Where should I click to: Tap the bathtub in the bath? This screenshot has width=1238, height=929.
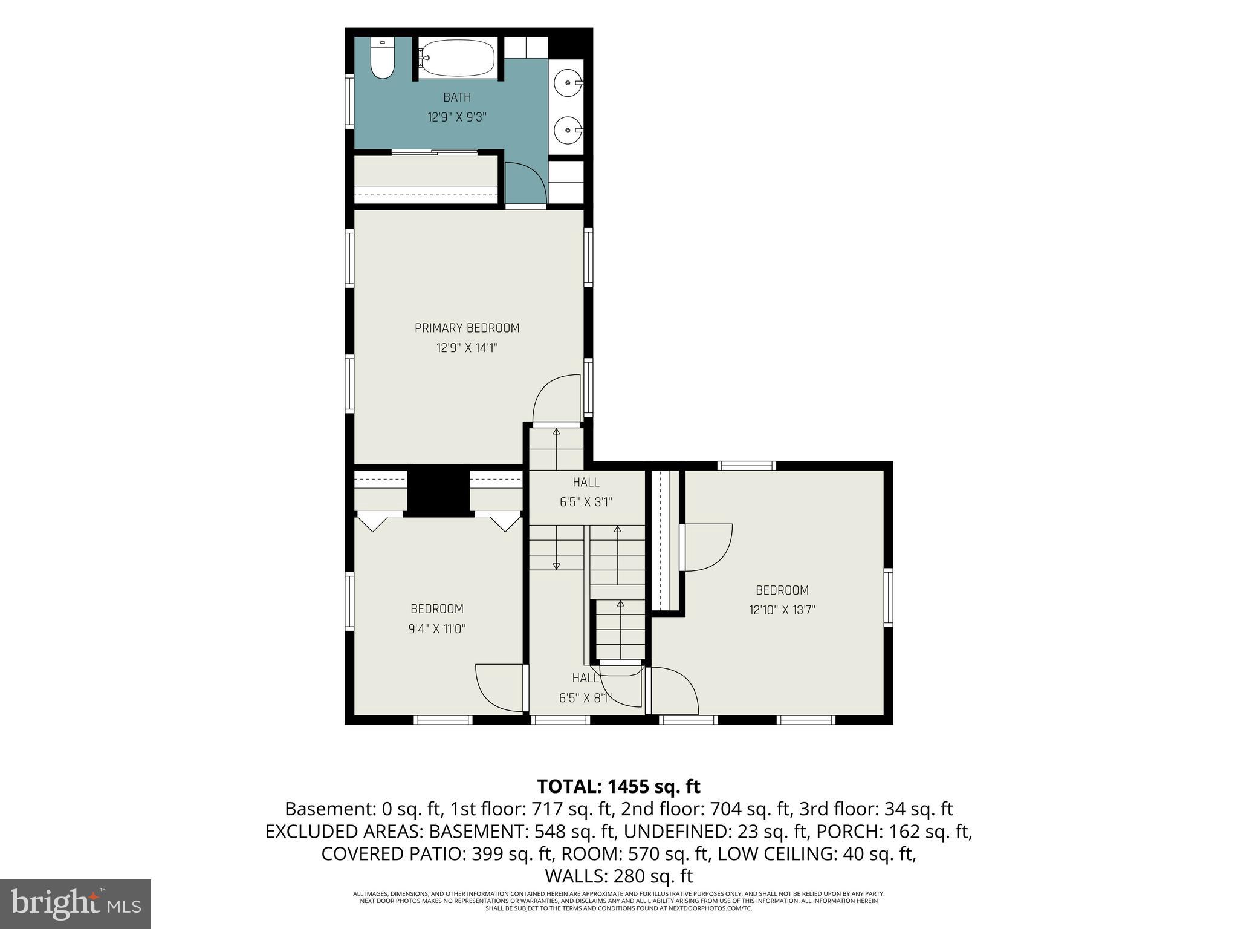click(458, 57)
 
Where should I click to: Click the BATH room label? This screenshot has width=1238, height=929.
click(457, 97)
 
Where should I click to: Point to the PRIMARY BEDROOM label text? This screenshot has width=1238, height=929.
click(467, 328)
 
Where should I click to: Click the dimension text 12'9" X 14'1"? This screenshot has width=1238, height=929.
click(467, 348)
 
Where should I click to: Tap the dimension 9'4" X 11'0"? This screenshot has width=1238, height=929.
click(437, 629)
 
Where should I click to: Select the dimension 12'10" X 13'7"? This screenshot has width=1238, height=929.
click(782, 610)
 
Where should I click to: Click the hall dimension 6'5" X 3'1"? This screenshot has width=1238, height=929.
click(586, 502)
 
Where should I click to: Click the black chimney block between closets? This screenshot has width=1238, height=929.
click(438, 491)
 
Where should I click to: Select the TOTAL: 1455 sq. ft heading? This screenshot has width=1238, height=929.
click(619, 786)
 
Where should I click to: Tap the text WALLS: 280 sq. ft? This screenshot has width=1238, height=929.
click(619, 876)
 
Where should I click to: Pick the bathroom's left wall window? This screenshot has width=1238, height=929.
click(349, 100)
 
